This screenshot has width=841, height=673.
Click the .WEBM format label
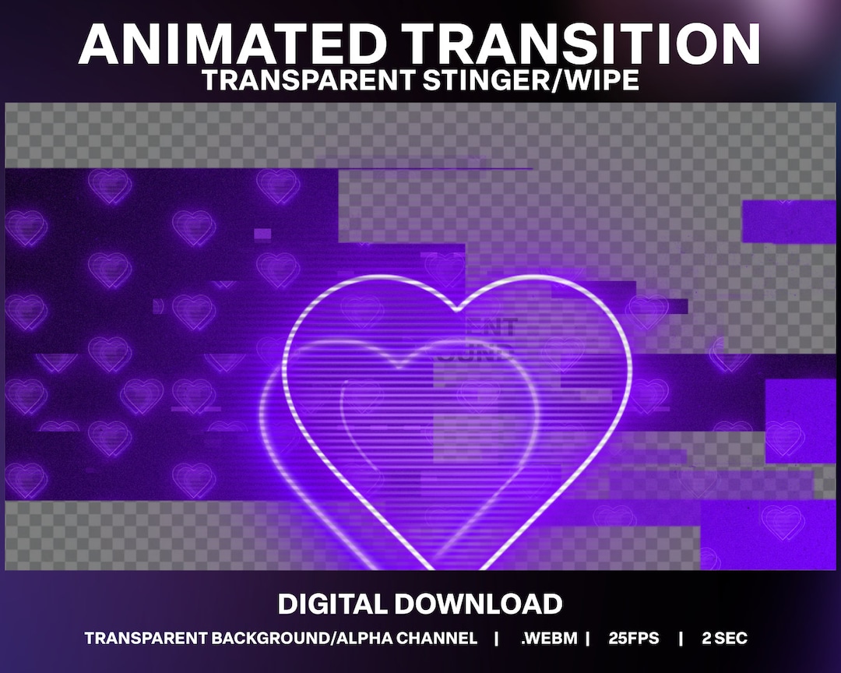click(549, 639)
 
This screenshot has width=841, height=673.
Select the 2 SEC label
click(723, 639)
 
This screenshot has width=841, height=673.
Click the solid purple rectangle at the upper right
click(789, 221)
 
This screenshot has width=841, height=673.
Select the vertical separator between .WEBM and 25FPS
click(588, 639)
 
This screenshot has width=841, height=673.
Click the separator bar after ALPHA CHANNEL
click(497, 639)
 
